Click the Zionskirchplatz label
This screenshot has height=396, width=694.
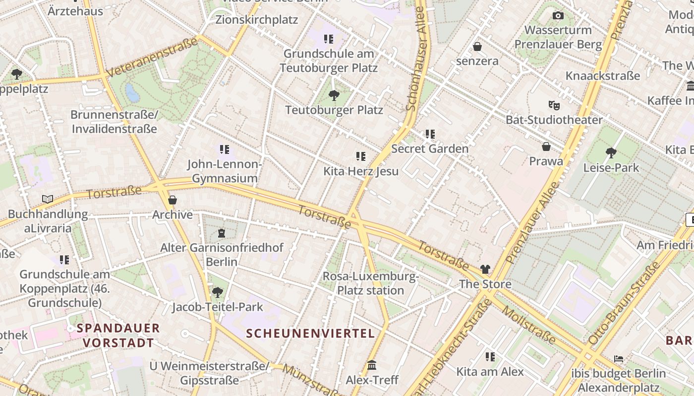tap(256, 20)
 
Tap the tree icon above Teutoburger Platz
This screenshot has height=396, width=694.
tap(334, 95)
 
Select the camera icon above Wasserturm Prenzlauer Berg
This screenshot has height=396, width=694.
tap(558, 16)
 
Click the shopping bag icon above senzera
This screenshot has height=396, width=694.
tap(477, 47)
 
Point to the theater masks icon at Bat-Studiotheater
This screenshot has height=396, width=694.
tap(554, 105)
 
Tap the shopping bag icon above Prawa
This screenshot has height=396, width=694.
tap(546, 147)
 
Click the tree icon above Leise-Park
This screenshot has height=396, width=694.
tap(611, 153)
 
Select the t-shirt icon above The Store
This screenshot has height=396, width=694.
tap(485, 269)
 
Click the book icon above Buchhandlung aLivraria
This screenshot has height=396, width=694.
tap(48, 199)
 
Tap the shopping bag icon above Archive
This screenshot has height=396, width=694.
tap(173, 200)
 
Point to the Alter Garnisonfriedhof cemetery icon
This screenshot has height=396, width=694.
tap(222, 233)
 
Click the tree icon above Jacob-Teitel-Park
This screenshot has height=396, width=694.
tap(217, 292)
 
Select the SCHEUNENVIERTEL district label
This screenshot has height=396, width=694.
tap(310, 333)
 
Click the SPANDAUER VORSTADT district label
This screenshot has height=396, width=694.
tap(118, 335)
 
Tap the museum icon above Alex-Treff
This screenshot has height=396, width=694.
tap(372, 365)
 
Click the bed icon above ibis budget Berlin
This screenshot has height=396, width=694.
tap(618, 358)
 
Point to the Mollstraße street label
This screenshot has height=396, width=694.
tap(529, 325)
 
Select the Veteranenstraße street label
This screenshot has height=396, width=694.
tap(152, 58)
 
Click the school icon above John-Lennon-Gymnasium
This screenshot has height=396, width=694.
tap(225, 149)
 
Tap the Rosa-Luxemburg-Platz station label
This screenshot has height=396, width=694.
tap(371, 283)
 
